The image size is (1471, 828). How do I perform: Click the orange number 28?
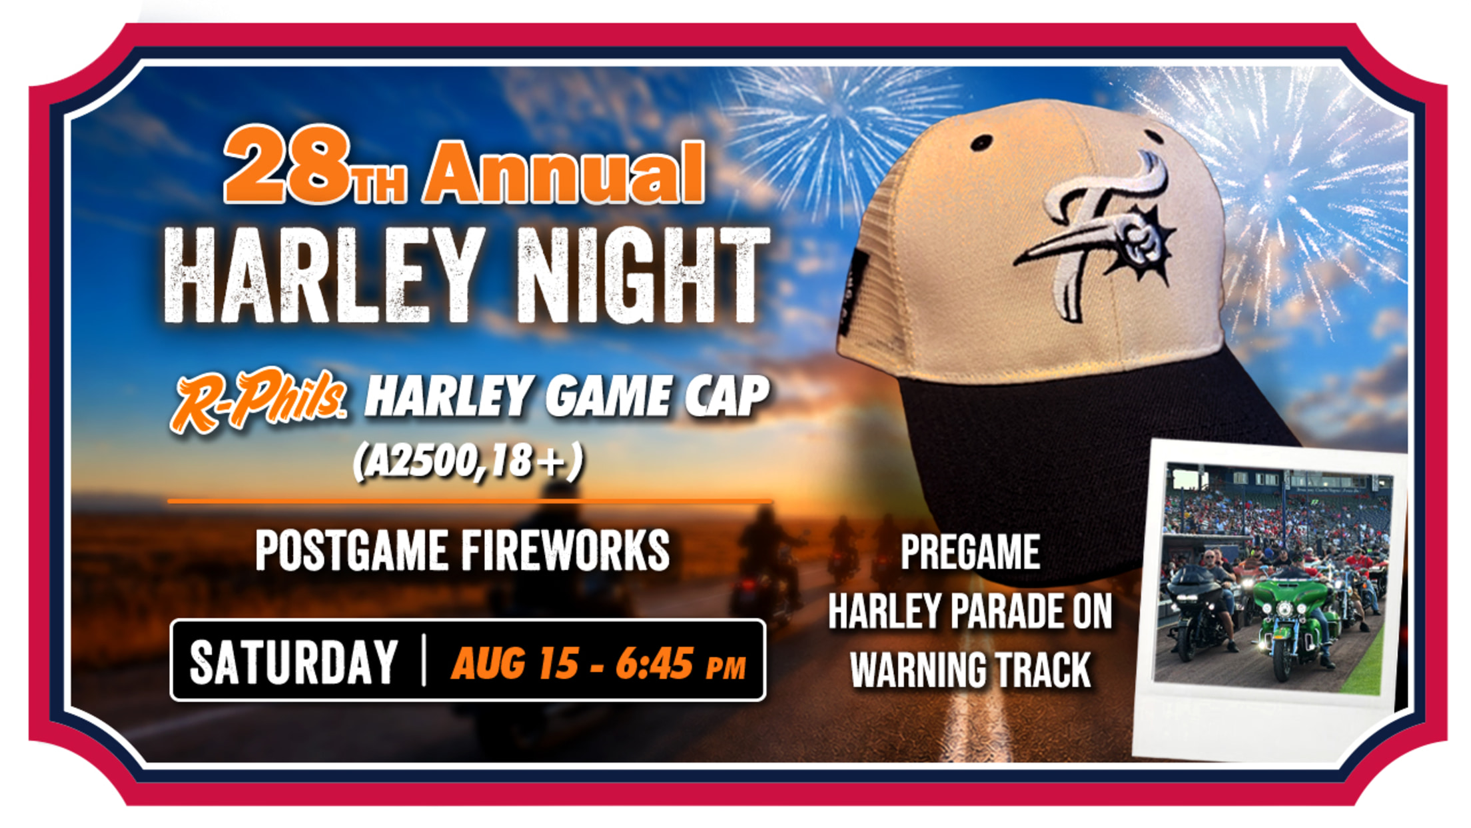(x=288, y=164)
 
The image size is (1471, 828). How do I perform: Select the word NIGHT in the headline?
(x=644, y=275)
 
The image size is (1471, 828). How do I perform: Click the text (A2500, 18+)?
(x=468, y=461)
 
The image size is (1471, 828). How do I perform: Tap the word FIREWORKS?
(x=565, y=551)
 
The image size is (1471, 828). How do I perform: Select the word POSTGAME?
(x=352, y=551)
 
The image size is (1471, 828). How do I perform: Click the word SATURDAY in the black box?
(x=294, y=662)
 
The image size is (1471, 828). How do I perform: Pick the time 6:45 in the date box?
(x=654, y=663)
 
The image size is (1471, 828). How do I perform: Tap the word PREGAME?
(x=970, y=552)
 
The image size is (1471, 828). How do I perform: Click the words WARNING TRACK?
(x=970, y=669)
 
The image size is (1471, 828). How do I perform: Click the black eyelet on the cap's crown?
(x=981, y=142)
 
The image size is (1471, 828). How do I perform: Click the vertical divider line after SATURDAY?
(x=424, y=661)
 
